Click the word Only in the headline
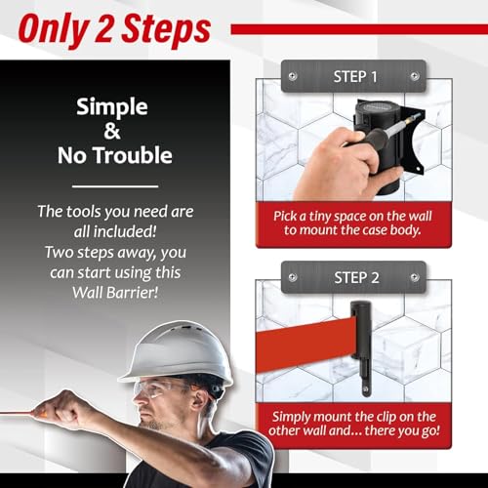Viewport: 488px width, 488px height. click(55, 30)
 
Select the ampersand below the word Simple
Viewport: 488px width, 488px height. click(112, 131)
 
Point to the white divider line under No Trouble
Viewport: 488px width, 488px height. click(115, 186)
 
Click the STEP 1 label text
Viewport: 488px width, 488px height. click(355, 77)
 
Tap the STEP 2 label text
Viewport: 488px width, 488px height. click(356, 278)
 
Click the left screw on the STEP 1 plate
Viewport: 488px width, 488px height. click(293, 76)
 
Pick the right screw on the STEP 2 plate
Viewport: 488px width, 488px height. click(415, 277)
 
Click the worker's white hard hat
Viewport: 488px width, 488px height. click(178, 353)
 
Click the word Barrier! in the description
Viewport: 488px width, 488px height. click(132, 293)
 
